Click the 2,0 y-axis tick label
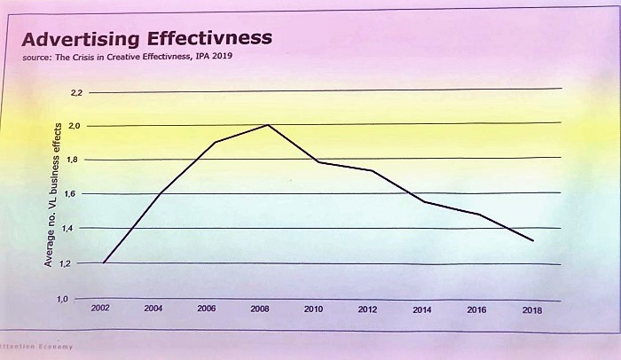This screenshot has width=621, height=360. click(75, 127)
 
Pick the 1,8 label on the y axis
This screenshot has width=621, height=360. click(75, 160)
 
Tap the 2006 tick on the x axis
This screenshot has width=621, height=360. click(206, 309)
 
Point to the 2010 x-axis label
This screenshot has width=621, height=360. click(313, 309)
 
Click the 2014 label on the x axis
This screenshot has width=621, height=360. click(421, 310)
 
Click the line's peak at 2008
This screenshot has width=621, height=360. click(267, 125)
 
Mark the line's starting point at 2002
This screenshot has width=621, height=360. click(105, 262)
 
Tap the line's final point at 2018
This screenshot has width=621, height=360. click(532, 240)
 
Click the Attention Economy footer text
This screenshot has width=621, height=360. click(35, 347)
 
